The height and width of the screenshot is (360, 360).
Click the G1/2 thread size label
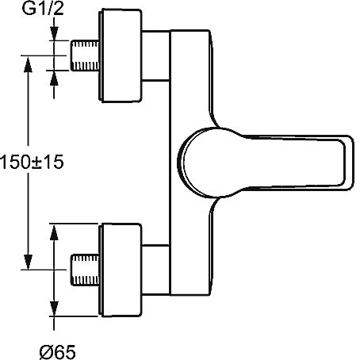click(x=43, y=9)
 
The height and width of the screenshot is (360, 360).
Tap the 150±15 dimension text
click(x=32, y=162)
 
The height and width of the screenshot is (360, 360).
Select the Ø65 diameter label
click(x=58, y=352)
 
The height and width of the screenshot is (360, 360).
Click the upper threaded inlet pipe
click(x=85, y=56)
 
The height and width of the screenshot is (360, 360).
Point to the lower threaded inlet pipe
click(x=85, y=270)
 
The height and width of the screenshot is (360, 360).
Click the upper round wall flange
click(x=121, y=56)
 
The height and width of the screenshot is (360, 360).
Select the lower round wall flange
click(x=121, y=270)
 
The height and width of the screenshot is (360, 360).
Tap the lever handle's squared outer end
click(x=350, y=163)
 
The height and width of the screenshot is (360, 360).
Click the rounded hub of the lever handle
click(x=201, y=163)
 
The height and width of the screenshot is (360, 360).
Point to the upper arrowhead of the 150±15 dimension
click(x=28, y=64)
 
